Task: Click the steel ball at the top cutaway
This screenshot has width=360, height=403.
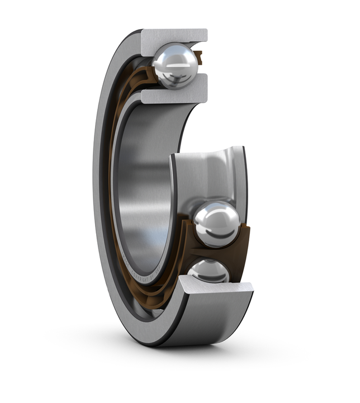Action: [x=175, y=66]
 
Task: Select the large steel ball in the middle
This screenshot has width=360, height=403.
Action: [x=216, y=224]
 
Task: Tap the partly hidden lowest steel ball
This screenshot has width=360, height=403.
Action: [x=209, y=271]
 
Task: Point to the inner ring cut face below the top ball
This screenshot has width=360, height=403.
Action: [x=173, y=95]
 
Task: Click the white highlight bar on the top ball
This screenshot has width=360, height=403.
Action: [x=174, y=65]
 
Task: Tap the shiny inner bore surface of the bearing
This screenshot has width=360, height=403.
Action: [x=140, y=184]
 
